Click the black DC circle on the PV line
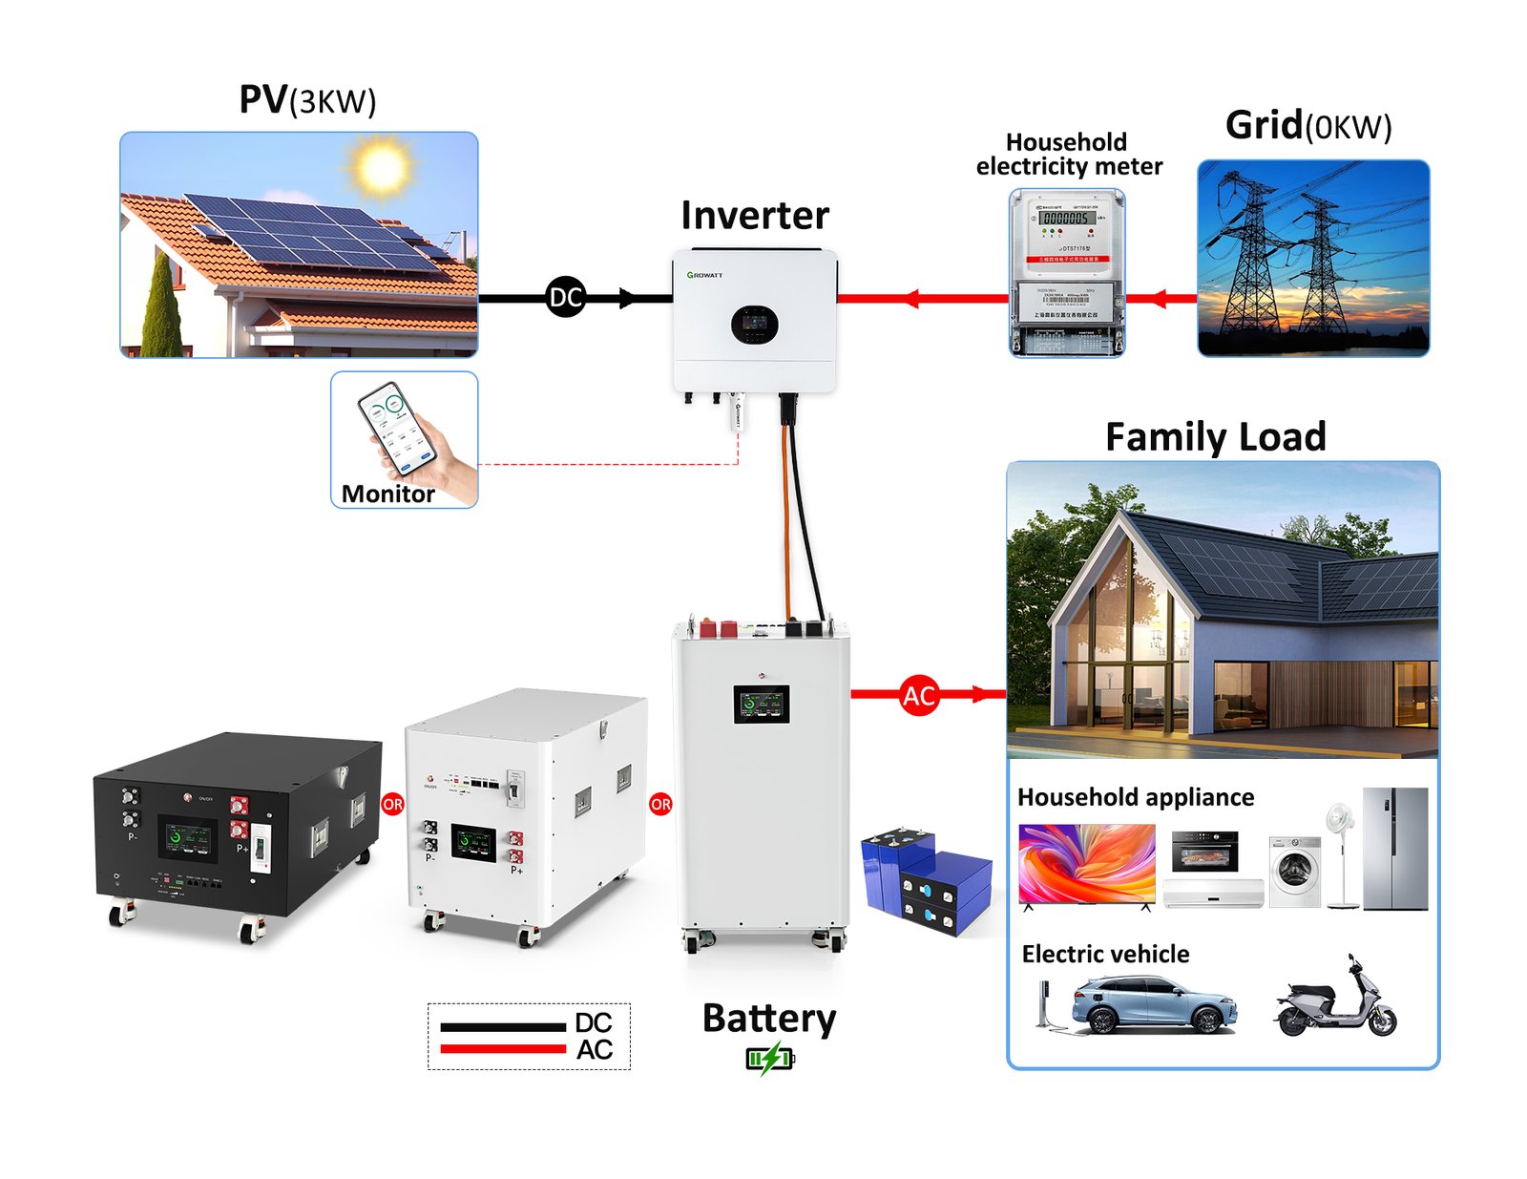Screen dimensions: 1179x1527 click(565, 298)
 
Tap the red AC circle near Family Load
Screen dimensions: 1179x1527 click(918, 695)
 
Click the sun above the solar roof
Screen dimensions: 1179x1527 click(383, 165)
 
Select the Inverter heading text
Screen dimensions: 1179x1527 click(755, 216)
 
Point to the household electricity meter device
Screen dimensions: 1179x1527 click(1067, 272)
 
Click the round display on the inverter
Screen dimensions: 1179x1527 click(754, 326)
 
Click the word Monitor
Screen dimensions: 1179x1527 click(387, 494)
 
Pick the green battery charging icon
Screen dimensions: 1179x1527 click(769, 1058)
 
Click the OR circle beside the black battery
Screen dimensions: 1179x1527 click(392, 804)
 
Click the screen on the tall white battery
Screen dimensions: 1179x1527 click(761, 705)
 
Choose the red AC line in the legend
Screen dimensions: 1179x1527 click(503, 1049)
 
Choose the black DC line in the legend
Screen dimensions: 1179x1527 click(503, 1026)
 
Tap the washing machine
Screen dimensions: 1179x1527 click(1294, 871)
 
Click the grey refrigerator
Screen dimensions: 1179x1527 click(1394, 848)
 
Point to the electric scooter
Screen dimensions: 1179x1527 click(1336, 1001)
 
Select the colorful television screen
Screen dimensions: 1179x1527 click(1087, 863)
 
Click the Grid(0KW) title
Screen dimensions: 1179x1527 click(1307, 126)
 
